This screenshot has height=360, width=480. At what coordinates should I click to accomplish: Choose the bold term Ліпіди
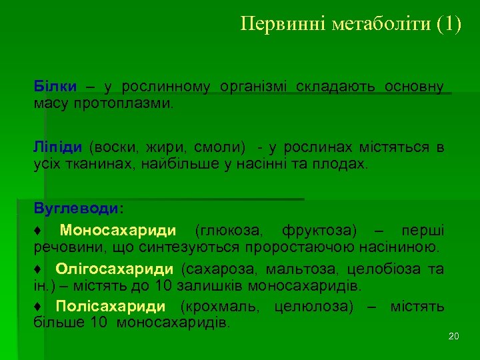click(x=59, y=147)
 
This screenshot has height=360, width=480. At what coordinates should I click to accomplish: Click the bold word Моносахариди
click(x=118, y=231)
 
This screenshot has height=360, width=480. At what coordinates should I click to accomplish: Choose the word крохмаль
click(x=218, y=307)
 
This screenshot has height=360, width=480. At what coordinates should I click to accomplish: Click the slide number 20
click(x=453, y=336)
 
